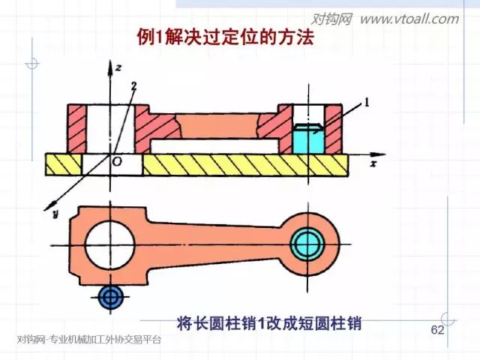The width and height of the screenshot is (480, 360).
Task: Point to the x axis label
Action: click(373, 161)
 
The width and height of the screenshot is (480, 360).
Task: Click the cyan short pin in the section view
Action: click(307, 139)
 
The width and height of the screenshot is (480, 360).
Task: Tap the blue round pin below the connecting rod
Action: click(111, 297)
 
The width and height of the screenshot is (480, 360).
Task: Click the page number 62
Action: click(436, 331)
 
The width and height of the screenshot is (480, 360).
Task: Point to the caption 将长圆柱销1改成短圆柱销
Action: click(269, 324)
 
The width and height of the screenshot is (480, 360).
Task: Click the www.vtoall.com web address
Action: click(409, 19)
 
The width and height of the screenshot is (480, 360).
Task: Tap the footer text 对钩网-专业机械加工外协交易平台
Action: click(88, 340)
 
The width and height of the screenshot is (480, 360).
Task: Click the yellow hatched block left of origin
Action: click(64, 163)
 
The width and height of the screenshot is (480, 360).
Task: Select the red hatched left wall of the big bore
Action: click(77, 127)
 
